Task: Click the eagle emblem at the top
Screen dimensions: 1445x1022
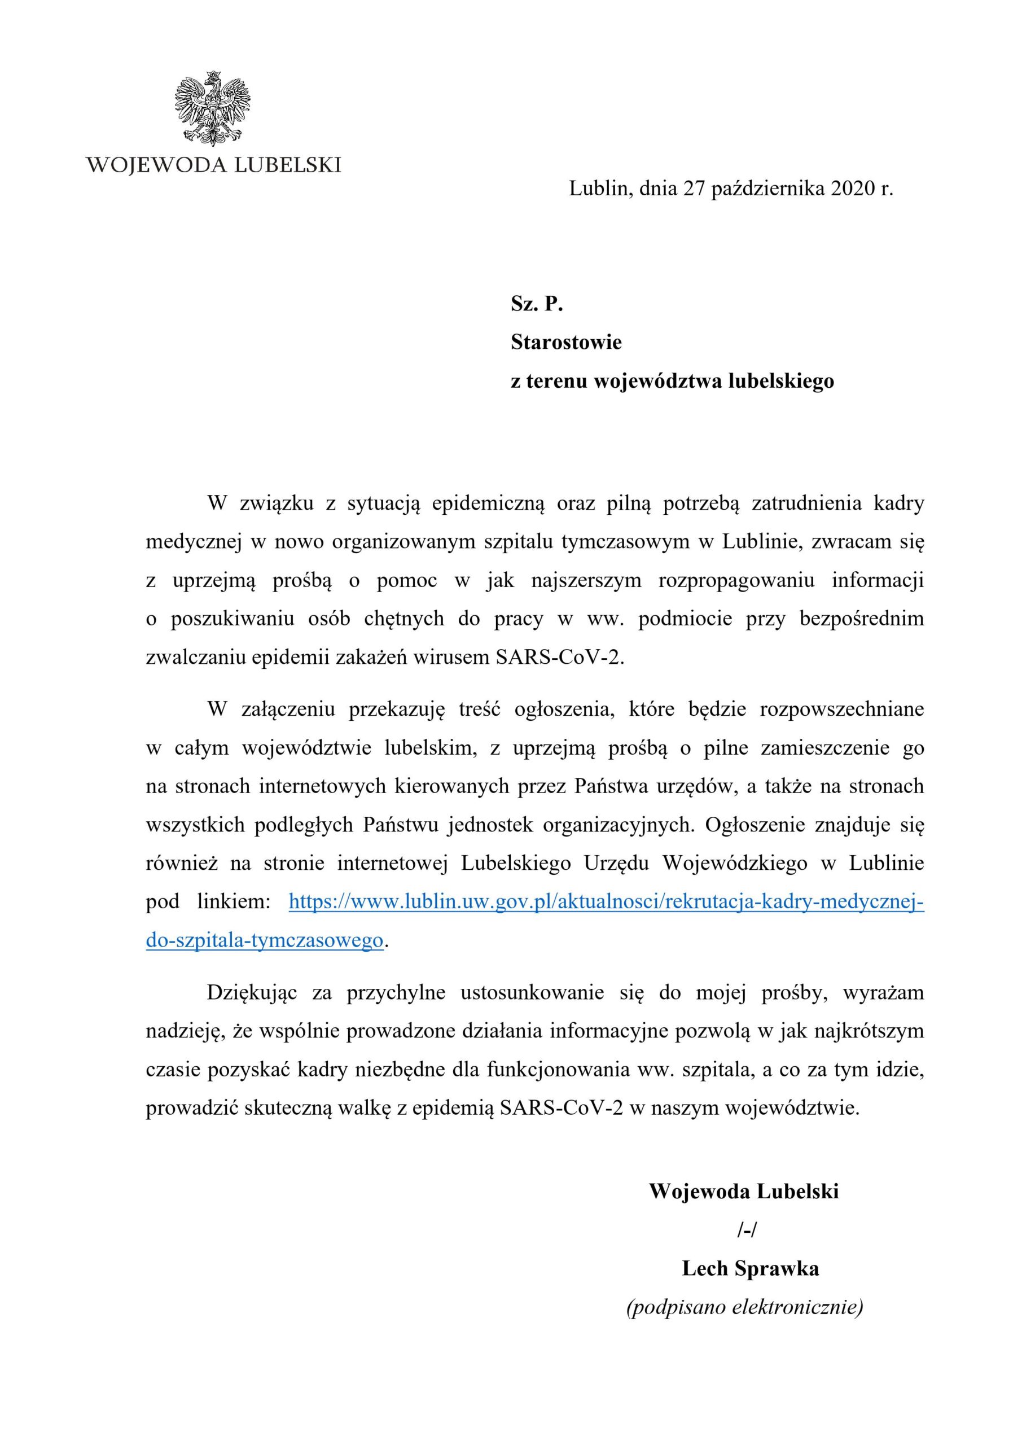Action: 213,108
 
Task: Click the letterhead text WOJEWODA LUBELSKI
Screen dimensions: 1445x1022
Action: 213,165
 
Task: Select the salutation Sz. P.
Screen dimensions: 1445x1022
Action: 536,305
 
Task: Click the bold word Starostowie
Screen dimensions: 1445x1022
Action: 566,343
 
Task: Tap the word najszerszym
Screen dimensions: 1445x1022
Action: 586,581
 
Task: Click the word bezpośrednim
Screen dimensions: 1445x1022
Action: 862,619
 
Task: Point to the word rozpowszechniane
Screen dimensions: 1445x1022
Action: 842,710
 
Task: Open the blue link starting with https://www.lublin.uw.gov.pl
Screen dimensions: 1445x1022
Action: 606,902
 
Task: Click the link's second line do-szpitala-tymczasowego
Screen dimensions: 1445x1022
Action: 264,940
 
